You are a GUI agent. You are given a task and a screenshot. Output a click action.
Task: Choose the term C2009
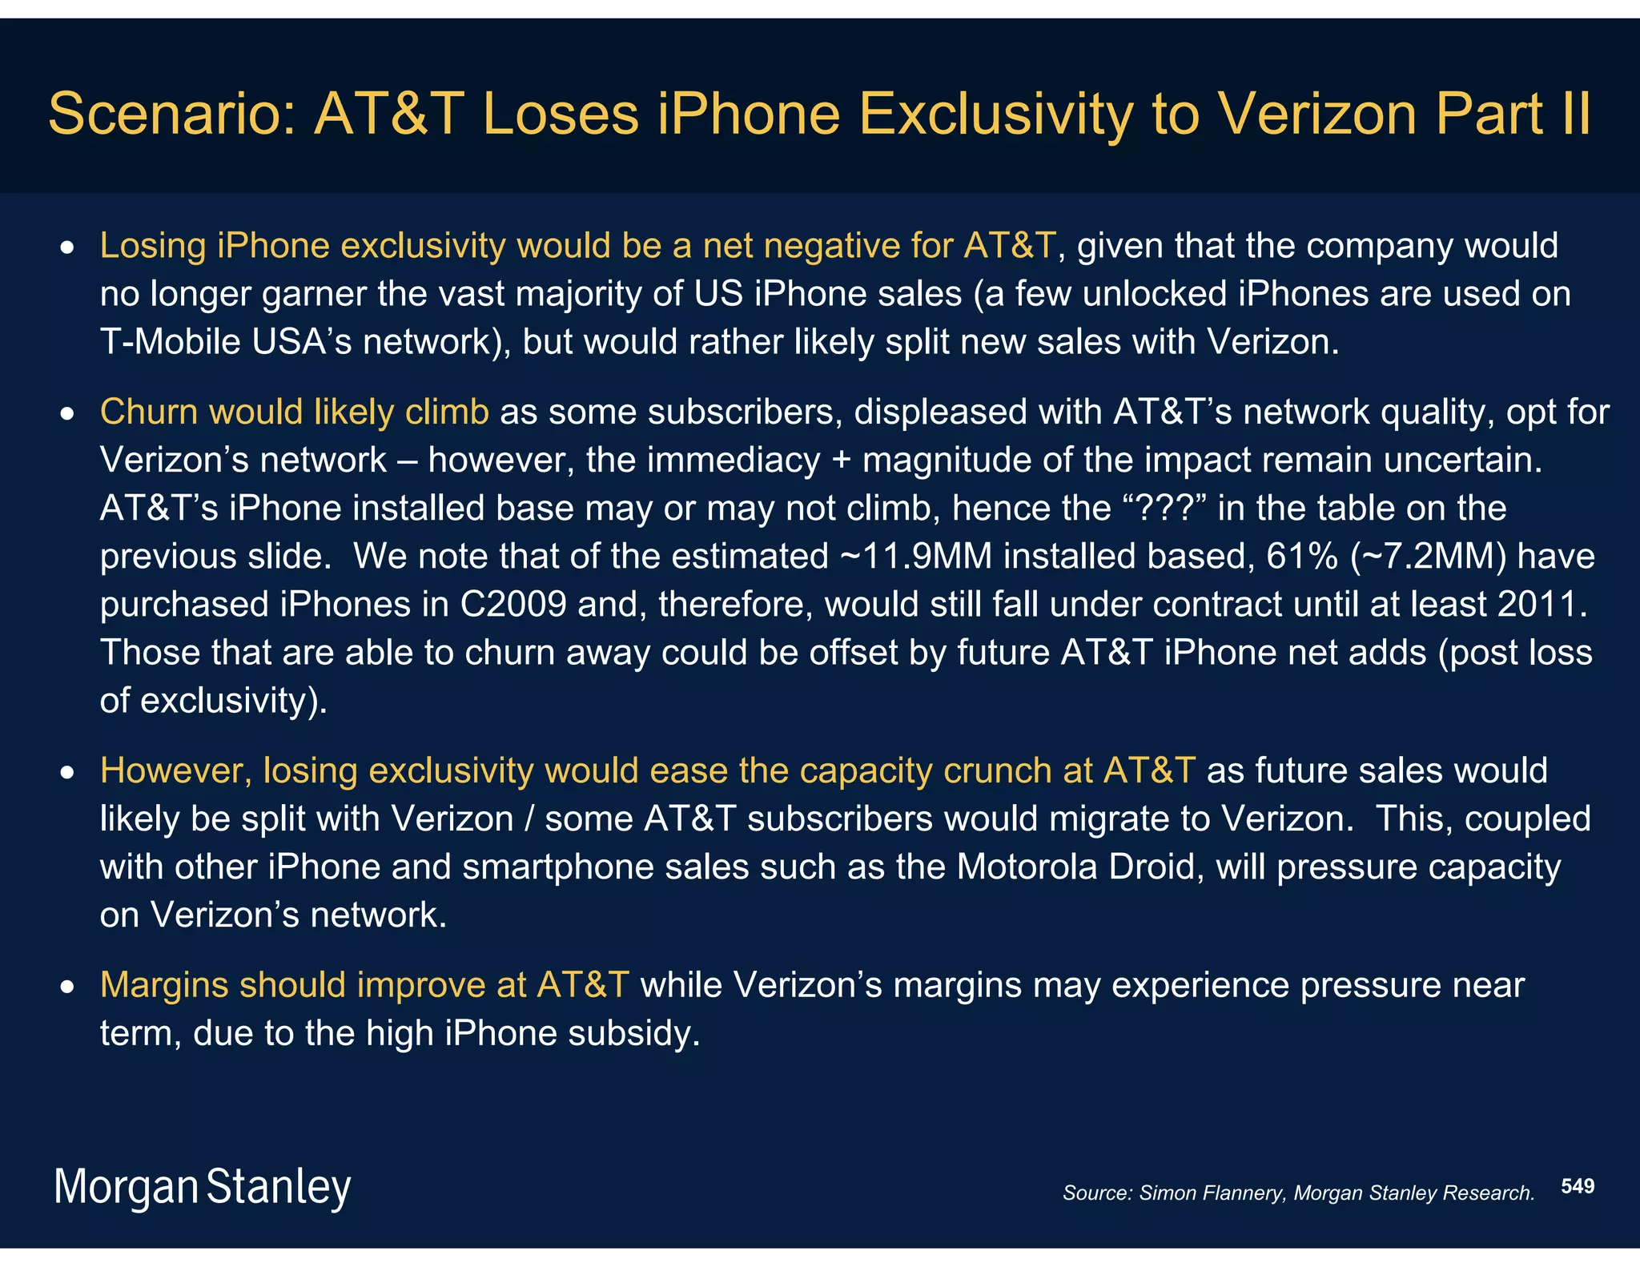(x=513, y=604)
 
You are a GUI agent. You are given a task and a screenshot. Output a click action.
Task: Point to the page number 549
(x=1578, y=1186)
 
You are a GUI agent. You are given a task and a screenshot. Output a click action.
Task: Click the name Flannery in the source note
(x=1243, y=1193)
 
